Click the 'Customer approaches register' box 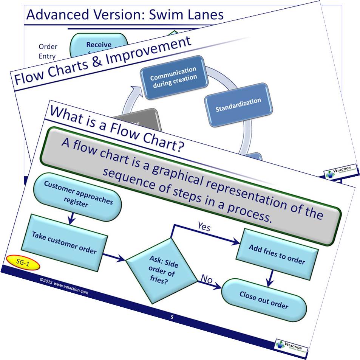(x=78, y=199)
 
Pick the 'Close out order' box (x=263, y=300)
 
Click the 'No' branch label (x=207, y=279)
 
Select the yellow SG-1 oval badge (x=23, y=262)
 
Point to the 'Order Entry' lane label (x=48, y=51)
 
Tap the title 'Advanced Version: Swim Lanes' (x=125, y=15)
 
